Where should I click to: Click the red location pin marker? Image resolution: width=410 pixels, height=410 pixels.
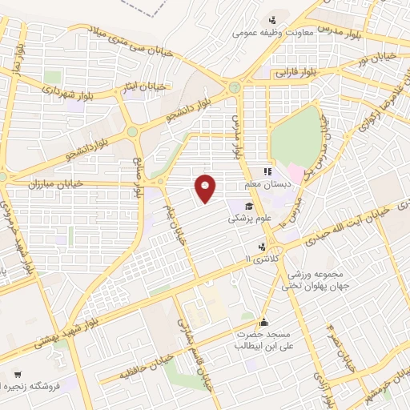pos(206,188)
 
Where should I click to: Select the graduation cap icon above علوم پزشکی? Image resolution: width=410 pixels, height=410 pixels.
pos(260,207)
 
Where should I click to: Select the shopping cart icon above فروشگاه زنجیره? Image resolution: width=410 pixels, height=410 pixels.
pos(18,373)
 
